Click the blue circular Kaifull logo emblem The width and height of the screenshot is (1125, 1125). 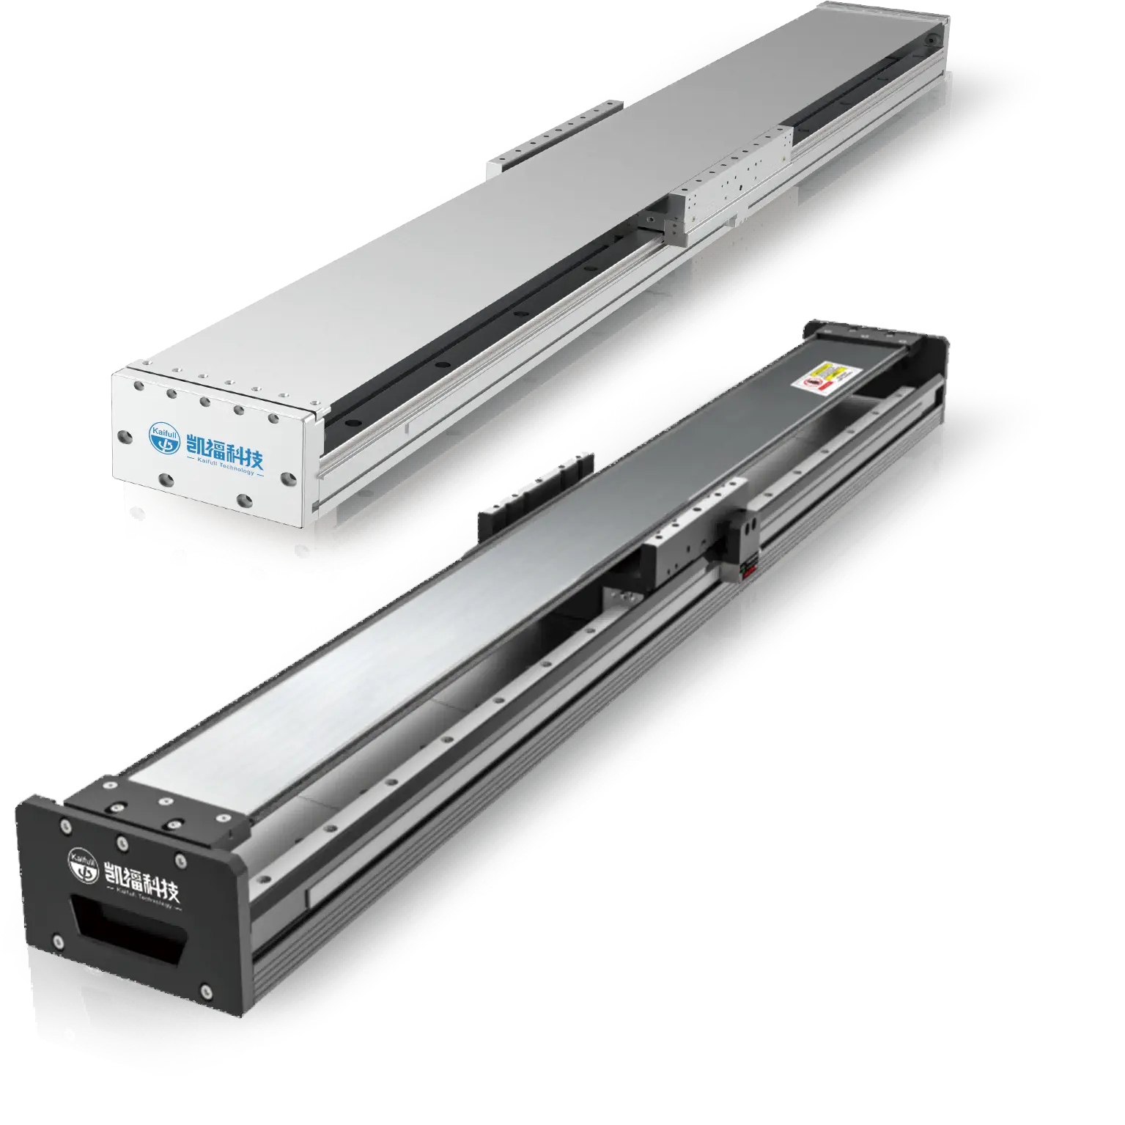[x=163, y=436]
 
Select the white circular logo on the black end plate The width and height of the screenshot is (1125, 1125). [x=83, y=865]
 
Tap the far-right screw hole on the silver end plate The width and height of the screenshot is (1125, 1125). [x=290, y=477]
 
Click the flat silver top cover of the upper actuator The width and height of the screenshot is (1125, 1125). [x=513, y=220]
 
